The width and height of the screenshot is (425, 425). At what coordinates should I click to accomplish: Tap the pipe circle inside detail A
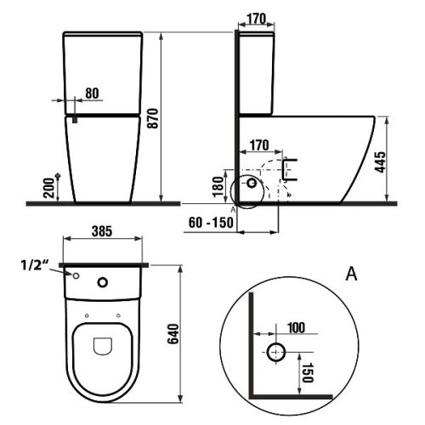[x=277, y=352]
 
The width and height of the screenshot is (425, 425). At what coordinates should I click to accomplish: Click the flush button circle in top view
[x=104, y=283]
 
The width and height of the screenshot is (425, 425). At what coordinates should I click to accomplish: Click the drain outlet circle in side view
[x=251, y=183]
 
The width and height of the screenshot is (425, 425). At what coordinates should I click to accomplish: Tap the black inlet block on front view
[x=75, y=120]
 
